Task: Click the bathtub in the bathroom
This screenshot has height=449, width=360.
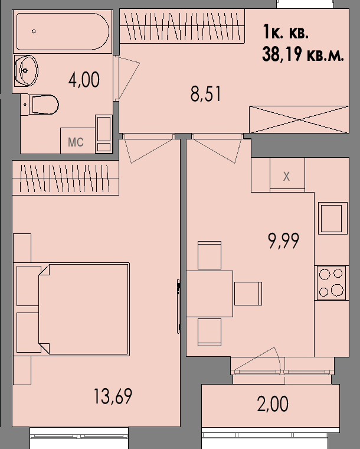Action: [62, 31]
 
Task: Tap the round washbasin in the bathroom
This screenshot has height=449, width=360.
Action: [27, 71]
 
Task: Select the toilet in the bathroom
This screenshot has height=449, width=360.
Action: [44, 105]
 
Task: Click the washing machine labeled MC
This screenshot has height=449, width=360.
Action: [76, 142]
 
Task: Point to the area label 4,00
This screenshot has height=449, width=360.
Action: [84, 79]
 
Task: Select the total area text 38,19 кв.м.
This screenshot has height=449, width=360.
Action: [302, 55]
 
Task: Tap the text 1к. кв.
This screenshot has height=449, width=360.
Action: [286, 30]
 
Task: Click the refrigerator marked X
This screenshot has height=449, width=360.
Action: [287, 176]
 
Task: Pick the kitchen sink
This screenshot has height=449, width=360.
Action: [331, 219]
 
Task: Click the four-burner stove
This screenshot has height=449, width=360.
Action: [331, 282]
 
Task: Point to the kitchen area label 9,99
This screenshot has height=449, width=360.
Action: [284, 240]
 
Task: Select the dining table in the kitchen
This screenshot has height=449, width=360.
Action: [210, 294]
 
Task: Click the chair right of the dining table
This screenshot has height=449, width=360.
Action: [248, 294]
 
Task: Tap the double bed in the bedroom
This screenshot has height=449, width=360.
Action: [83, 309]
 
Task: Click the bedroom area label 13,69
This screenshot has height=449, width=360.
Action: [113, 396]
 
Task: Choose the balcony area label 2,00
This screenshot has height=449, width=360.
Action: [273, 405]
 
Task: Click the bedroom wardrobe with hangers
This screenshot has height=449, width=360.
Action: [66, 178]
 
